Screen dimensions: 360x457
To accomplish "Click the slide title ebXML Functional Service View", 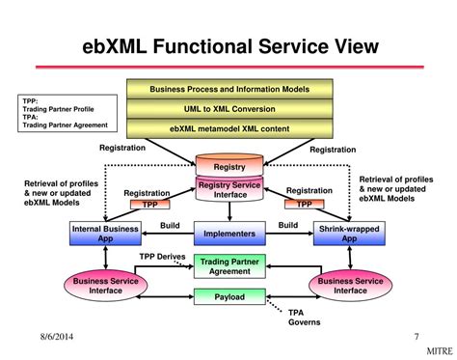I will click(229, 45).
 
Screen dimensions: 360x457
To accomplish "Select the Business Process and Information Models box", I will click(228, 90).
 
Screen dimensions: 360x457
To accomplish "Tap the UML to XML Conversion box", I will click(228, 108).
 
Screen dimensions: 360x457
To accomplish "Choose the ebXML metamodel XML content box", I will click(228, 127).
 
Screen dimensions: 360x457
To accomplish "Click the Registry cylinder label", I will click(228, 166).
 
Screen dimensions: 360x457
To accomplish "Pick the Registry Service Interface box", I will click(228, 187).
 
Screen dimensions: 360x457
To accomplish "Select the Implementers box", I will click(228, 233).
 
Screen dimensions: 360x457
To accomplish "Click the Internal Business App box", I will click(107, 233).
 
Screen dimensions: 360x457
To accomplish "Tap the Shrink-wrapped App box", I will click(350, 233).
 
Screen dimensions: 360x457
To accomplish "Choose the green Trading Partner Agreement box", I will click(228, 265).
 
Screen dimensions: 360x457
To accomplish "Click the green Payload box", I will click(228, 297).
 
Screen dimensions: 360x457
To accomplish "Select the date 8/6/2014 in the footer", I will click(33, 337).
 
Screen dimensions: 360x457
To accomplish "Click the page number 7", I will click(416, 337).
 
